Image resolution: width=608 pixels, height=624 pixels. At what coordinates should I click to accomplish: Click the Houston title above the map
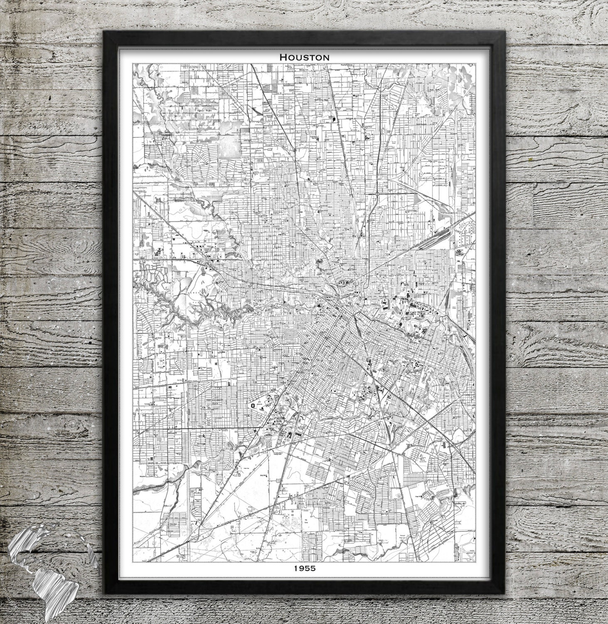(x=304, y=57)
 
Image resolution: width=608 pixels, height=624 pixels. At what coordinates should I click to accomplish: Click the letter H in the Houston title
(x=283, y=57)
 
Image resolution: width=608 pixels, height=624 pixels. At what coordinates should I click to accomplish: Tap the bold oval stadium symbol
(x=252, y=405)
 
